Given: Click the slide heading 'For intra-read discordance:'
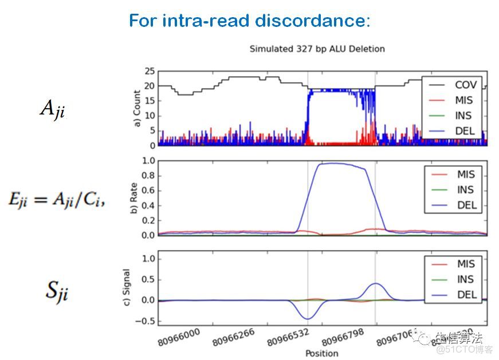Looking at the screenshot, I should point(249,21).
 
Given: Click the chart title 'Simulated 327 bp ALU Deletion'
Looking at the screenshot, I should point(317,49).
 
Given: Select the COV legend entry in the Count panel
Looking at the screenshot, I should point(465,85).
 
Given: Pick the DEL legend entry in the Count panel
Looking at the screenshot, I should point(465,131).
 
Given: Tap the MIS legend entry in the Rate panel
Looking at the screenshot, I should point(465,175).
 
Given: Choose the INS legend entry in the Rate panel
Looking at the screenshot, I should point(464,190).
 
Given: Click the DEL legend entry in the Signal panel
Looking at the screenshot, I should point(464,294).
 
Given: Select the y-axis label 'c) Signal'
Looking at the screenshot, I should point(128,289).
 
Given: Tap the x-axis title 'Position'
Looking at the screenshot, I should point(322,353).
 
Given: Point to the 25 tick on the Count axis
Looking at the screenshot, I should point(150,72).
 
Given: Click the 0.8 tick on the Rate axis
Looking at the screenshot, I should point(147,176).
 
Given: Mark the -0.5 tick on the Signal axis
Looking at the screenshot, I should point(146,321).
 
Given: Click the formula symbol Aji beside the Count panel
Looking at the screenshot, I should point(52,109).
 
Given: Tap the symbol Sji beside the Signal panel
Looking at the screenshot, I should point(57,291).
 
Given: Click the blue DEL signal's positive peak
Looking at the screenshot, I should point(375,283).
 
